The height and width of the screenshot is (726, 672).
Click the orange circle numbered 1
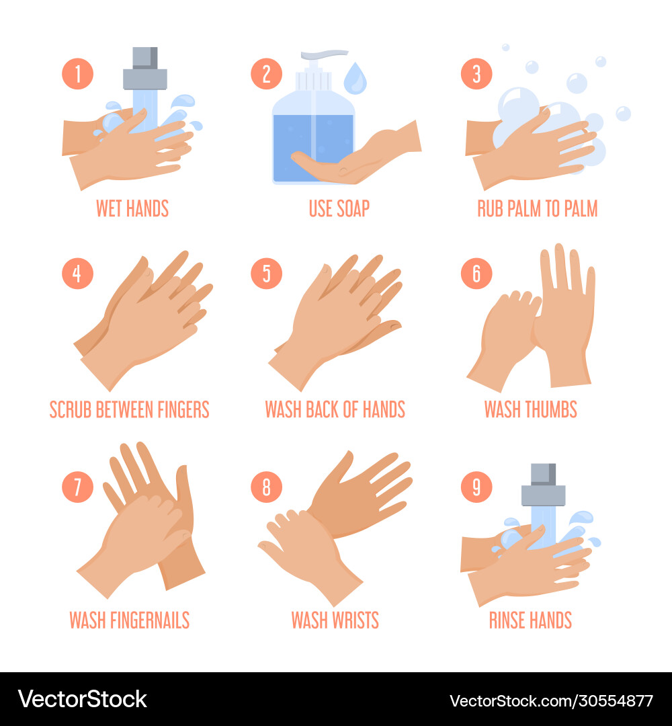coord(78,74)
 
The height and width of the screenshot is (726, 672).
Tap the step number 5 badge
coord(266,274)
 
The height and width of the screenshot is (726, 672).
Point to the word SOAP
coord(353,208)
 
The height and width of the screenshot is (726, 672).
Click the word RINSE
coord(508,620)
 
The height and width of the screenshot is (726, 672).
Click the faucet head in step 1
coord(144,69)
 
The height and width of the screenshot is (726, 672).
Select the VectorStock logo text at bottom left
coord(82,699)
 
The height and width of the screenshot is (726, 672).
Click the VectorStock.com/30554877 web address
coord(551,700)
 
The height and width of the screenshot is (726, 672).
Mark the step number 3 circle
coord(476,74)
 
